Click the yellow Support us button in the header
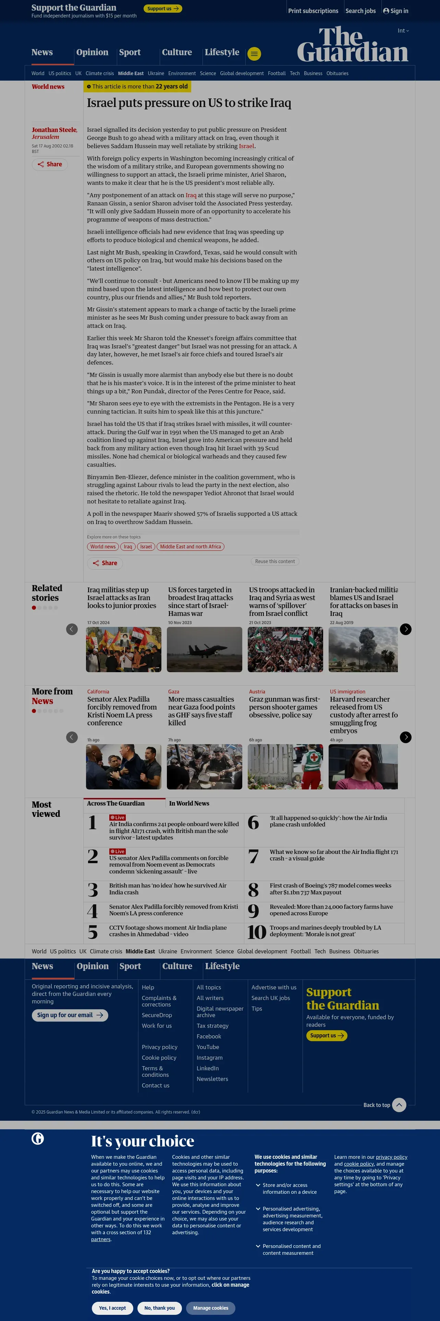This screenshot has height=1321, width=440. tap(162, 9)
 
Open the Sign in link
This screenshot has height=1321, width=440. tap(396, 11)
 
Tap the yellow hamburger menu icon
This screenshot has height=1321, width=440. tap(254, 54)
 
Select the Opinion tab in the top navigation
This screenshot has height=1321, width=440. tap(92, 52)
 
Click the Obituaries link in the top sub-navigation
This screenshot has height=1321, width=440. tap(337, 73)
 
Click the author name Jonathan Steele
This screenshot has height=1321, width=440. tap(54, 130)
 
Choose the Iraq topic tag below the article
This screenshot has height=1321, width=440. tap(127, 547)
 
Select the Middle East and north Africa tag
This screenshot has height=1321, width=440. tap(190, 547)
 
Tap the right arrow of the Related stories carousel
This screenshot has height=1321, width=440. tap(405, 629)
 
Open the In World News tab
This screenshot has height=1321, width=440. tap(189, 804)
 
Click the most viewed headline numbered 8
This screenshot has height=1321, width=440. tap(330, 889)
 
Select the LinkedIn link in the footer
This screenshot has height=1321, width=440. tap(207, 1068)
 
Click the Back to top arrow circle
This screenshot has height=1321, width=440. tap(399, 1105)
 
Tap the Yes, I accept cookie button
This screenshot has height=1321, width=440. tap(112, 1308)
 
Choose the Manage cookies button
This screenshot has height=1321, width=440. tap(210, 1308)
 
